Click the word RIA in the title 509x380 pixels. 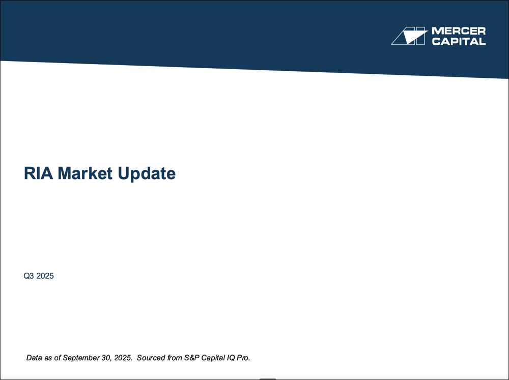[x=39, y=174]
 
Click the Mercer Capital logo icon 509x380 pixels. [x=409, y=36]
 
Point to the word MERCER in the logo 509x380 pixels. [x=458, y=31]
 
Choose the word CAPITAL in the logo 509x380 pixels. [x=458, y=41]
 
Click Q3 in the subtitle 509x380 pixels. [x=29, y=277]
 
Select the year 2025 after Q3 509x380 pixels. [x=45, y=277]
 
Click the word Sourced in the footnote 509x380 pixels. [x=151, y=358]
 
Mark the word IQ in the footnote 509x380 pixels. [x=234, y=358]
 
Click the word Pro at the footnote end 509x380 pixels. [x=245, y=358]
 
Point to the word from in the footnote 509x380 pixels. [x=175, y=358]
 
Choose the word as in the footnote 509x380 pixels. [x=50, y=358]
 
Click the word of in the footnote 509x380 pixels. [x=59, y=358]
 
